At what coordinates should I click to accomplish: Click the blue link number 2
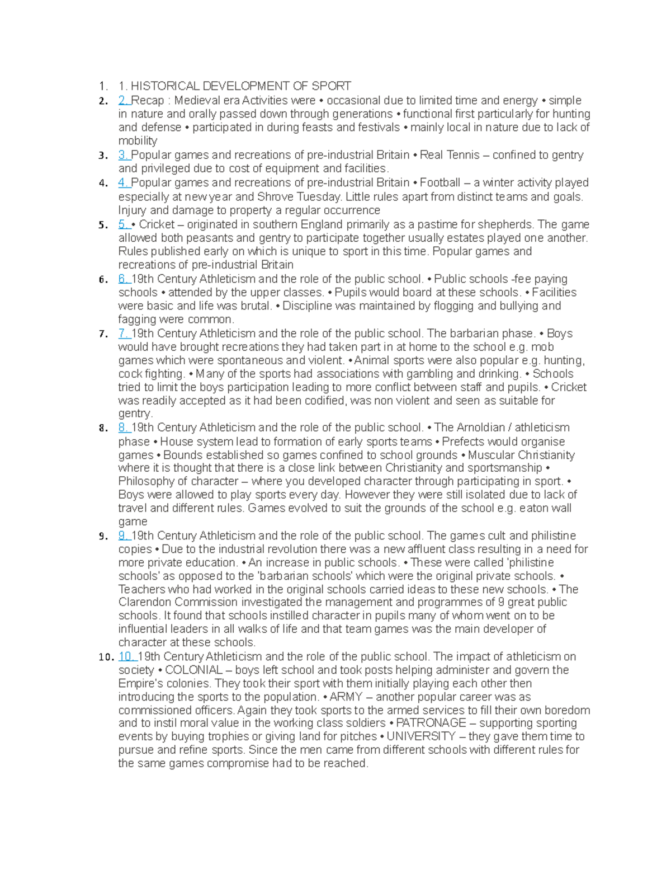click(124, 101)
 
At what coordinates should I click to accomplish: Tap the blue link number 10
click(127, 656)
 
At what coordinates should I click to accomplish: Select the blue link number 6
click(124, 279)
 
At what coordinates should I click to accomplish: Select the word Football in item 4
click(440, 182)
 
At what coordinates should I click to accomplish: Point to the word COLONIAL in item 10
click(194, 670)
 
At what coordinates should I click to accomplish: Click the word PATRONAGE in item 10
click(431, 723)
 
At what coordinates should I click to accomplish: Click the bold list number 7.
click(103, 334)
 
